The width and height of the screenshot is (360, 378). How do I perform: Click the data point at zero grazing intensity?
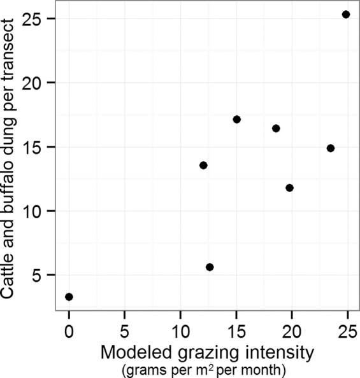click(69, 297)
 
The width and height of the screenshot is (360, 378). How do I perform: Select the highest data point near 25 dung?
click(346, 14)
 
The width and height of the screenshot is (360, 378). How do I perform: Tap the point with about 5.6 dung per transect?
click(210, 267)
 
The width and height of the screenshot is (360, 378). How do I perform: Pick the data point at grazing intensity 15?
click(237, 119)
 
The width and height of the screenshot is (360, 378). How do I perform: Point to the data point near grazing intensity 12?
click(203, 165)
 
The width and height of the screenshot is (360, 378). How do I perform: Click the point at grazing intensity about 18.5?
click(276, 128)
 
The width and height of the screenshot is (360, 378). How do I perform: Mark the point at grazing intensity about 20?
click(290, 188)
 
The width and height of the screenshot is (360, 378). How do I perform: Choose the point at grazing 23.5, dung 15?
click(331, 148)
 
